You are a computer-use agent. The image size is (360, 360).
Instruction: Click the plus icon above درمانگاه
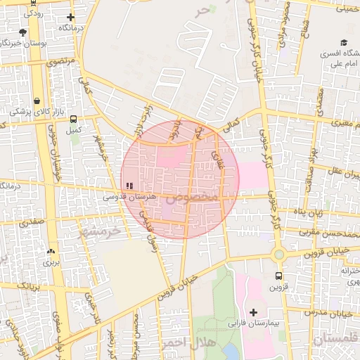70,17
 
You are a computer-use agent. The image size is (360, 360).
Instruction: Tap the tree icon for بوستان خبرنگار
23,32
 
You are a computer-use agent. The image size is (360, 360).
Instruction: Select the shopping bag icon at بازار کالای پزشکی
37,101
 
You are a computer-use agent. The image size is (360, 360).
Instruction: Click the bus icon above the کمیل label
74,119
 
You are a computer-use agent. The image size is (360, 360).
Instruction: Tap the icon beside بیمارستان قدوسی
129,186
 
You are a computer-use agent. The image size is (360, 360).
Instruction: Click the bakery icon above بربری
50,251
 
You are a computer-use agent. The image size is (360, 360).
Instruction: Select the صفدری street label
32,222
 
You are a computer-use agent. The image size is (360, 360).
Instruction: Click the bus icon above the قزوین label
279,276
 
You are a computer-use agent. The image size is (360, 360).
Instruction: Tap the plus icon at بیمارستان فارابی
253,312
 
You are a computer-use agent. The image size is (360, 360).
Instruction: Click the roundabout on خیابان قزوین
278,254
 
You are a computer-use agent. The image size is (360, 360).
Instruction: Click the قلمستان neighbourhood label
334,341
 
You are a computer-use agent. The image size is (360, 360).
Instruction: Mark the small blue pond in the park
230,349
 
